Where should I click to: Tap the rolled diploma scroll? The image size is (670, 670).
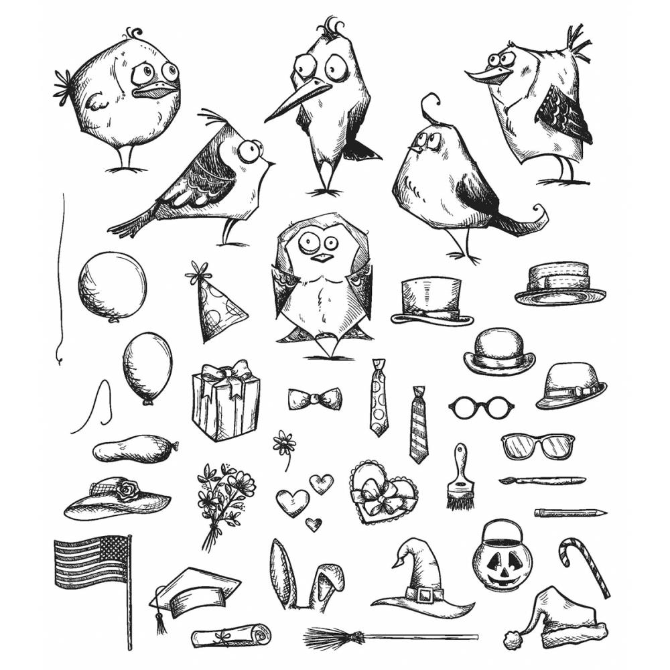[231, 635]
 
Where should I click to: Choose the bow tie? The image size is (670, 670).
[315, 399]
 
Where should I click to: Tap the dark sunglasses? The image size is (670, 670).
[537, 446]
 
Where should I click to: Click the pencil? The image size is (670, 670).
[569, 513]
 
